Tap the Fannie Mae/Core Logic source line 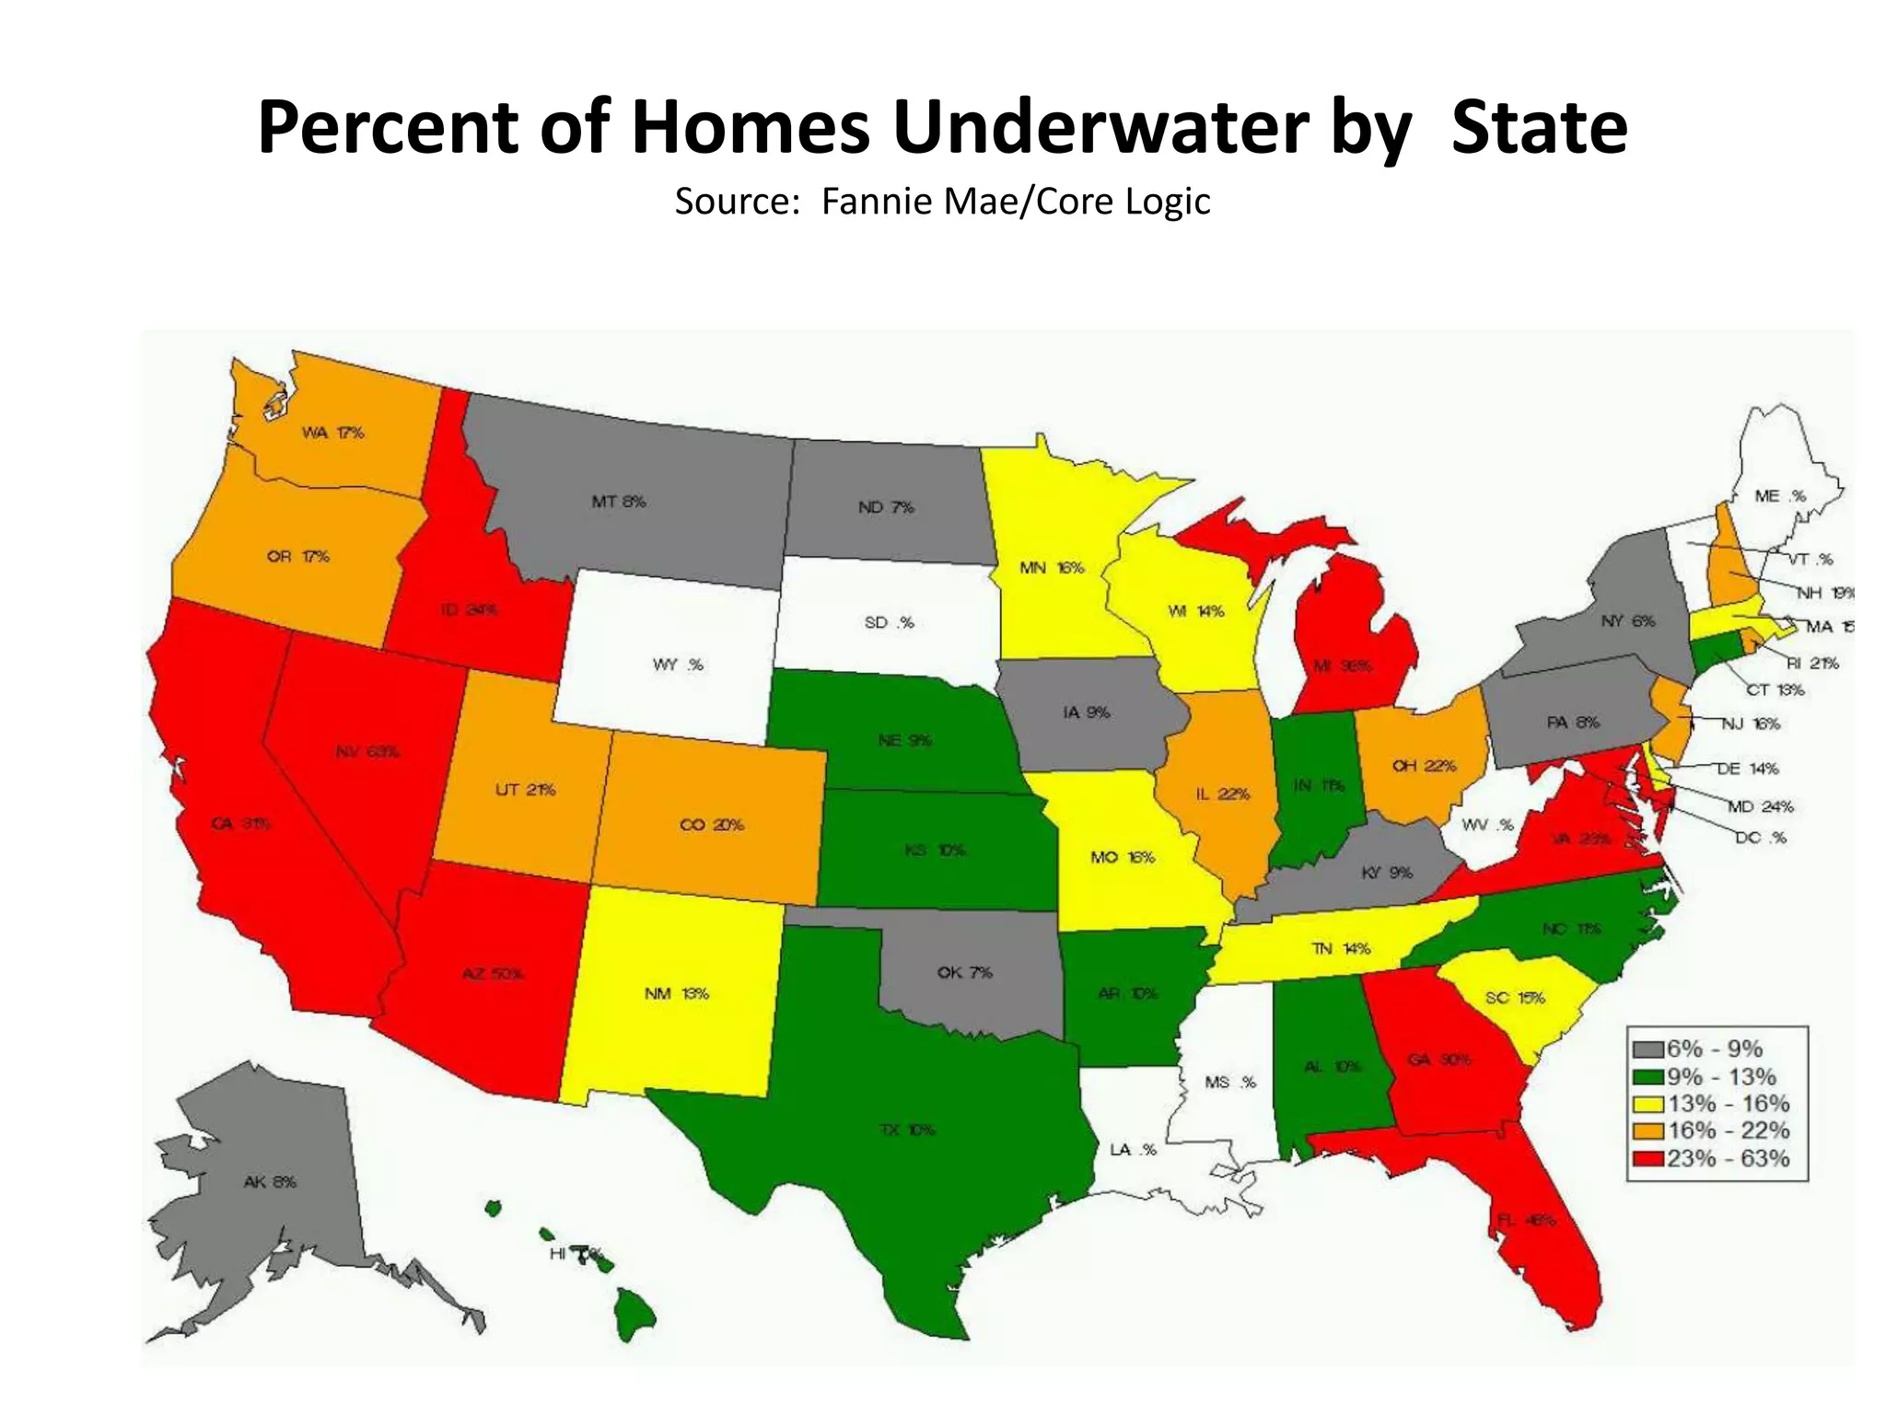[942, 202]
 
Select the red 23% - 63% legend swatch [1648, 1158]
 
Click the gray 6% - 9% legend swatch [1648, 1049]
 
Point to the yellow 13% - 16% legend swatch [1648, 1104]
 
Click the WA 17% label [333, 433]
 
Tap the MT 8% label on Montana [618, 502]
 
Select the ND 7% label [886, 507]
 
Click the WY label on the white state [678, 665]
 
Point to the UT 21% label [525, 790]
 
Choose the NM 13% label [676, 993]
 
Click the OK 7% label [964, 972]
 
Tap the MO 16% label [1122, 857]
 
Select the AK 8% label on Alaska [270, 1181]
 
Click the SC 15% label [1515, 998]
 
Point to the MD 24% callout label [1760, 807]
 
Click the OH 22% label [1424, 765]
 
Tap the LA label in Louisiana [1133, 1150]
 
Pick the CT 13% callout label [1775, 690]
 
